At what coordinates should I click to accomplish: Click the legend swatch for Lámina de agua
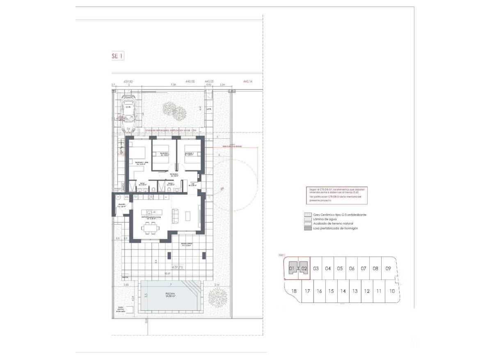[x=307, y=219]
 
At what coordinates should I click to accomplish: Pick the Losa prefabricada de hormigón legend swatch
[x=307, y=228]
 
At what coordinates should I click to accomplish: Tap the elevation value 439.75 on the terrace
[x=177, y=267]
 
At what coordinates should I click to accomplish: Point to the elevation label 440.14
[x=248, y=82]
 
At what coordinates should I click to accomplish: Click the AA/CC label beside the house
[x=122, y=186]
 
